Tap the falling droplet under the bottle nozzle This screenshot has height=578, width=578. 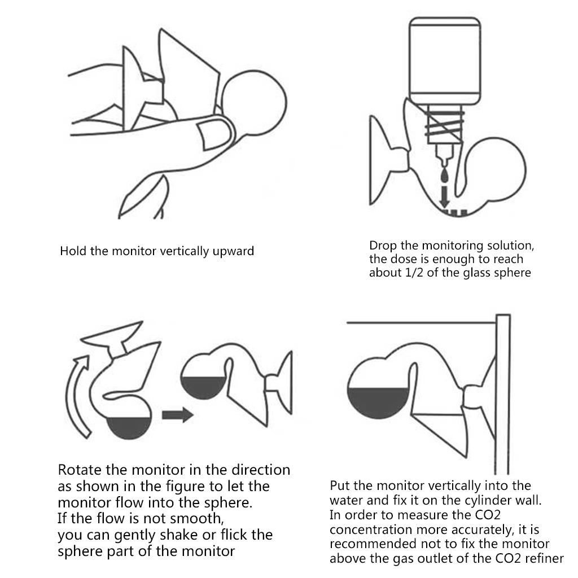point(445,176)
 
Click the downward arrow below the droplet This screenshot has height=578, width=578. point(445,197)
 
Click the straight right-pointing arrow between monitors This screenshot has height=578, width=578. point(177,415)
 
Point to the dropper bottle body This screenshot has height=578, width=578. point(445,60)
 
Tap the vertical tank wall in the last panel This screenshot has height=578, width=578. point(503,394)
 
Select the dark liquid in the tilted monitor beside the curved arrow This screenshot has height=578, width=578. point(129,428)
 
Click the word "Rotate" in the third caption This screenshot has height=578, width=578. point(80,470)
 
